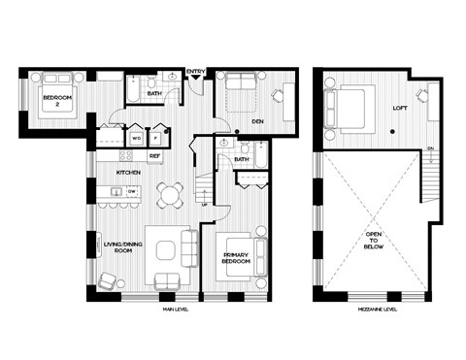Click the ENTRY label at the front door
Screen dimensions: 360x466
pos(195,70)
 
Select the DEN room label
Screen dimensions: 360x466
pos(257,122)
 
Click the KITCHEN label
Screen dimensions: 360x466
pos(128,172)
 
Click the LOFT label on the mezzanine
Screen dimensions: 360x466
pos(398,109)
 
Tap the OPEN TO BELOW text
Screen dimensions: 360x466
pos(375,242)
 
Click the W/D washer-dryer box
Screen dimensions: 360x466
pos(136,137)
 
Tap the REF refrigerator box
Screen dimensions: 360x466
pos(154,155)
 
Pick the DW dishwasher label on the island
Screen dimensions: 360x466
pos(131,191)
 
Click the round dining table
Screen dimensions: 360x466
pos(170,194)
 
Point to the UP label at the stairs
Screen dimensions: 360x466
pos(202,205)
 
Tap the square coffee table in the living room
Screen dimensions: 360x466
pos(158,254)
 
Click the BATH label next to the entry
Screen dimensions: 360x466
pos(154,94)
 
